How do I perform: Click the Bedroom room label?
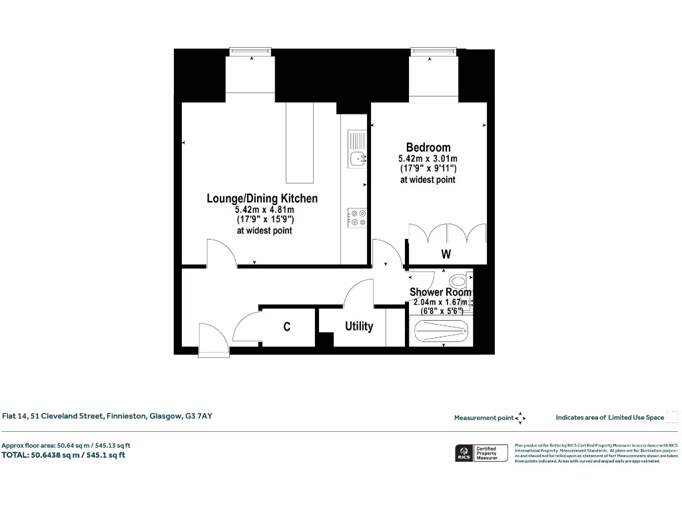point(428,147)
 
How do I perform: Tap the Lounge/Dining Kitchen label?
point(262,198)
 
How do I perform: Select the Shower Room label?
point(440,292)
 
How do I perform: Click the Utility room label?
point(358,327)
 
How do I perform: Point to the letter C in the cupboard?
point(286,327)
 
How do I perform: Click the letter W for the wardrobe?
point(446,254)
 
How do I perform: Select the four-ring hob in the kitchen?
point(357,218)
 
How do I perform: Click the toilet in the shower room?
point(459,280)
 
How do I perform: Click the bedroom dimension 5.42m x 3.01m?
point(428,159)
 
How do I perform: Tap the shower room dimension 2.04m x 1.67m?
point(440,302)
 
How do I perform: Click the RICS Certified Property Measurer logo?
point(476,453)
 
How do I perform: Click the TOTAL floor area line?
point(63,455)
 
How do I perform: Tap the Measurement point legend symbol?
point(521,418)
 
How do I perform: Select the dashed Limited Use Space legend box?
point(672,417)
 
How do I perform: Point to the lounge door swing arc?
point(222,253)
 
